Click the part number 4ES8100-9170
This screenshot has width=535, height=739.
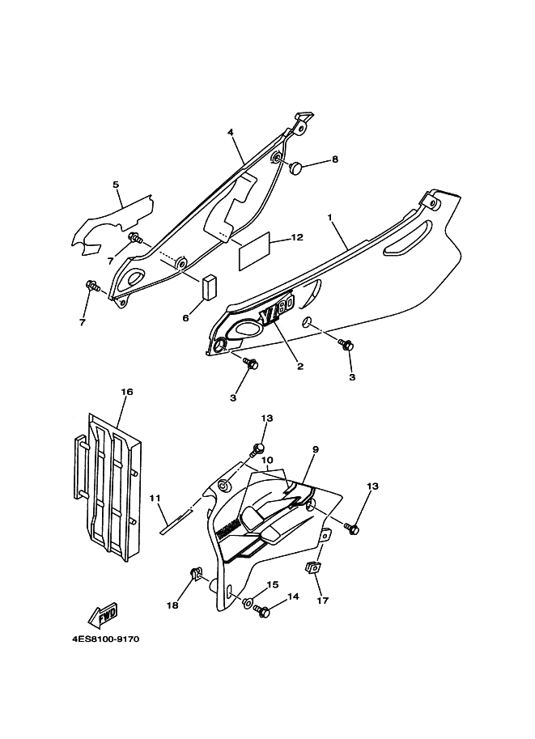[106, 639]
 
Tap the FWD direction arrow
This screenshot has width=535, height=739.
[108, 617]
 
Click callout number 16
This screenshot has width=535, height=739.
[127, 392]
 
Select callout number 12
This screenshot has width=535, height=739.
[297, 237]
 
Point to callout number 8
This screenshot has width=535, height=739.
[335, 160]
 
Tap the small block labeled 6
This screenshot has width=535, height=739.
[212, 287]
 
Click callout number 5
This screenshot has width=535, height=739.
[116, 185]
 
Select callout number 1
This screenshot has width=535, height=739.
[330, 218]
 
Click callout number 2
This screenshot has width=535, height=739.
[299, 366]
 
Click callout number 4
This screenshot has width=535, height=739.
[230, 132]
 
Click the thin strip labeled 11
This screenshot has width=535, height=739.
[176, 520]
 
